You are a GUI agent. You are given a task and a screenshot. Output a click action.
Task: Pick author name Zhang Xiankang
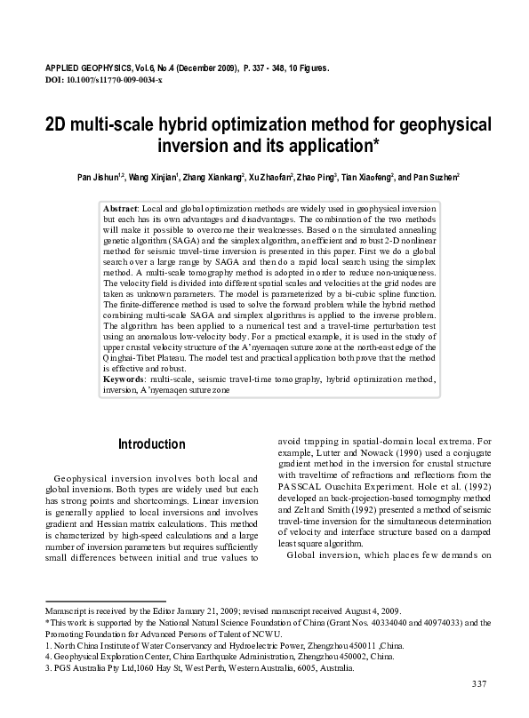(x=205, y=178)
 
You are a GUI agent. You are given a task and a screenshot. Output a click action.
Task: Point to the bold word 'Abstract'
(x=120, y=206)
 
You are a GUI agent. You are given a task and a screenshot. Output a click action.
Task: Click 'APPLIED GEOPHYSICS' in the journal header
(x=85, y=67)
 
